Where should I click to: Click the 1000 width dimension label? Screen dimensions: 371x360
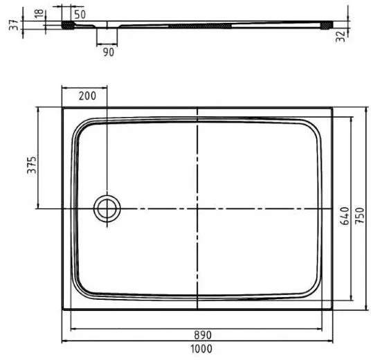click(x=201, y=349)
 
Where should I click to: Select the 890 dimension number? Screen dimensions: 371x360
click(x=203, y=335)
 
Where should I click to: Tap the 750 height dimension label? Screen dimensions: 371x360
click(x=360, y=215)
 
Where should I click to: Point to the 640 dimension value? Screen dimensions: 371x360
click(x=345, y=215)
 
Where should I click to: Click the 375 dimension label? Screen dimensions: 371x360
click(x=32, y=165)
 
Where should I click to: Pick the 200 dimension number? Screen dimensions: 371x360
click(x=87, y=96)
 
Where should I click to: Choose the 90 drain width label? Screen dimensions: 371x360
click(x=109, y=53)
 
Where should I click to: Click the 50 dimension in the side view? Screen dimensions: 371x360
click(x=80, y=15)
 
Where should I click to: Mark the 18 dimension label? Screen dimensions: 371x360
click(x=39, y=13)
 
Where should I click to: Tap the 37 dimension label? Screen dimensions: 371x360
click(x=14, y=25)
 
